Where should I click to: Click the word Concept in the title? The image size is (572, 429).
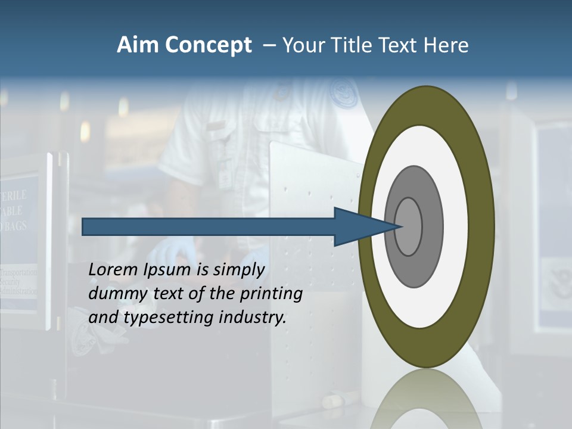(x=206, y=45)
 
